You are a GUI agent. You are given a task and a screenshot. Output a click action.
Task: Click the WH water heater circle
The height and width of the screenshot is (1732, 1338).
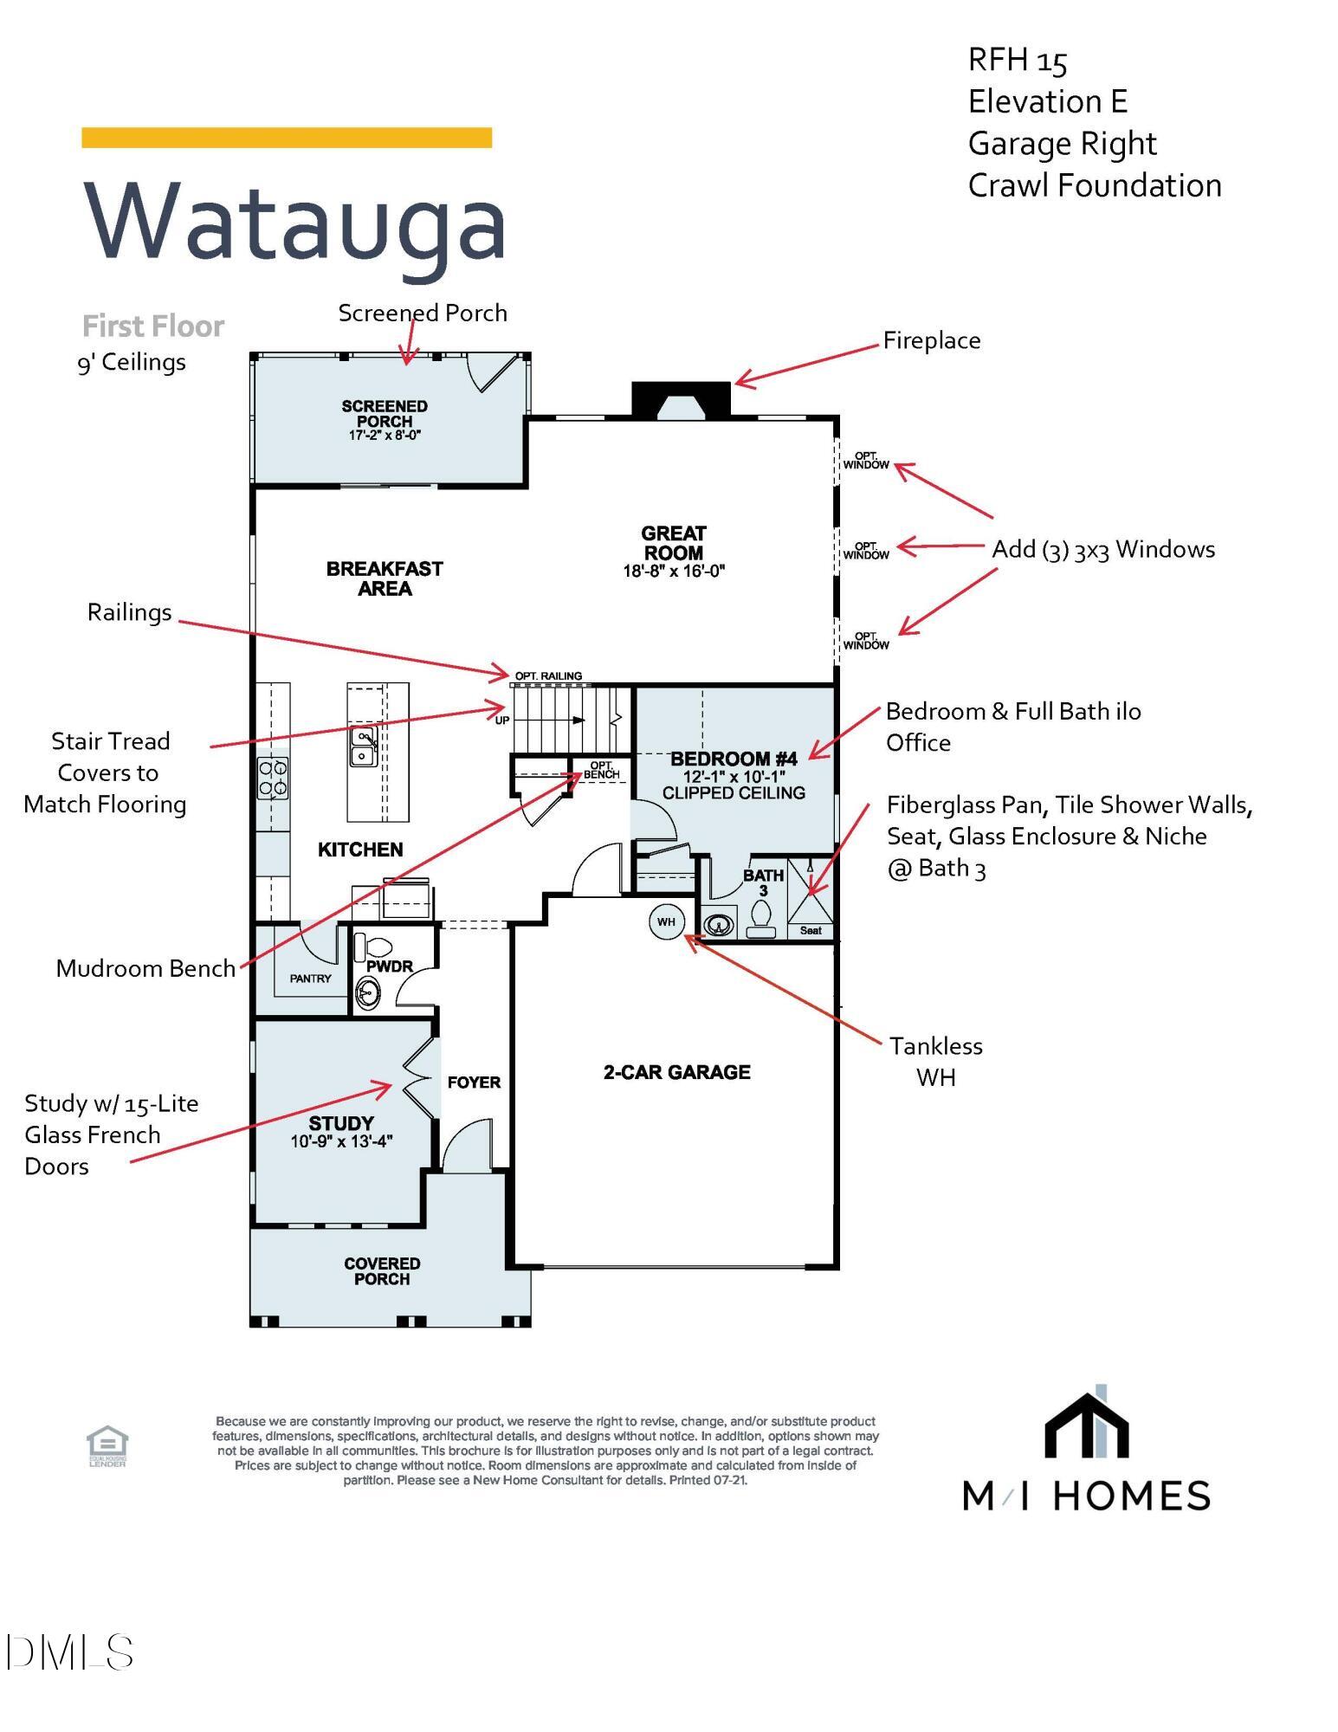[x=666, y=921]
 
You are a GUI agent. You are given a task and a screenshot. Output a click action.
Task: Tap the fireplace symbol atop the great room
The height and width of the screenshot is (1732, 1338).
[x=682, y=400]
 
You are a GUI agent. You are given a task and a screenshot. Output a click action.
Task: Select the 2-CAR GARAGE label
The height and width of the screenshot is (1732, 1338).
[x=676, y=1072]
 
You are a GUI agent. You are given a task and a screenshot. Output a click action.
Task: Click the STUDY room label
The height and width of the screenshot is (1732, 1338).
[x=341, y=1123]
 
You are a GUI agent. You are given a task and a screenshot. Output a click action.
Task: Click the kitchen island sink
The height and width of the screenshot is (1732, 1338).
[x=363, y=746]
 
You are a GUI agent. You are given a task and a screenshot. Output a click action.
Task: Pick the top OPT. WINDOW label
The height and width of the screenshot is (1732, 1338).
[x=866, y=461]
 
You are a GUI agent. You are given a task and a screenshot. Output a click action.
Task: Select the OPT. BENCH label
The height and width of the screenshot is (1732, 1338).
[x=601, y=770]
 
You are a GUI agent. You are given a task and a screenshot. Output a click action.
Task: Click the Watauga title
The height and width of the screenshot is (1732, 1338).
[x=294, y=222]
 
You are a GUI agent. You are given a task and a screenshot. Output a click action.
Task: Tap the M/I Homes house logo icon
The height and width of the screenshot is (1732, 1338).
[x=1087, y=1425]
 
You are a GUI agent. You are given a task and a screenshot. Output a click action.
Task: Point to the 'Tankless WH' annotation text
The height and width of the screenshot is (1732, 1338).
[x=935, y=1062]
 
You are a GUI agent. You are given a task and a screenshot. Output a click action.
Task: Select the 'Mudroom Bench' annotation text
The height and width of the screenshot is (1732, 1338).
[x=145, y=968]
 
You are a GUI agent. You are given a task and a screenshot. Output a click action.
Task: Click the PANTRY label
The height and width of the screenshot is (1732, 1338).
[x=310, y=979]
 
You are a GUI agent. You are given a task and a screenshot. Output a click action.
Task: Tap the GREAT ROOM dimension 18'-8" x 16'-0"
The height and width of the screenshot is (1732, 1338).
[x=674, y=571]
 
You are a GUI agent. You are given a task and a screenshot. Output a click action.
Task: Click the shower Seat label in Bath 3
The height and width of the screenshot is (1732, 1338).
[x=811, y=930]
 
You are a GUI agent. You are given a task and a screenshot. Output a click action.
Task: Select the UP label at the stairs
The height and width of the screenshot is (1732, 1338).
[x=502, y=720]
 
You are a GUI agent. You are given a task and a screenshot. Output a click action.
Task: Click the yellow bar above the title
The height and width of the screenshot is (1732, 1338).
[x=287, y=138]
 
